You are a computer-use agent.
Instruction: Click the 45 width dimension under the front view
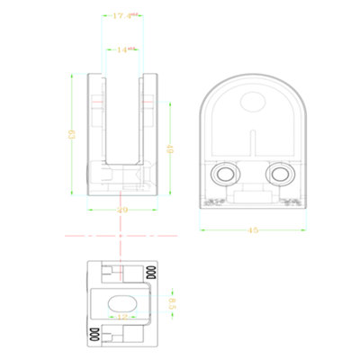click(x=253, y=230)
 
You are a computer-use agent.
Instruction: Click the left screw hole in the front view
click(x=221, y=173)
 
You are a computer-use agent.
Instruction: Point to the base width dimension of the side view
click(x=123, y=210)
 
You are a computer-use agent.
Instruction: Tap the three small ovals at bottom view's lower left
click(x=94, y=335)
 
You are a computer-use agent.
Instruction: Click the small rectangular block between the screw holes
click(x=253, y=191)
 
